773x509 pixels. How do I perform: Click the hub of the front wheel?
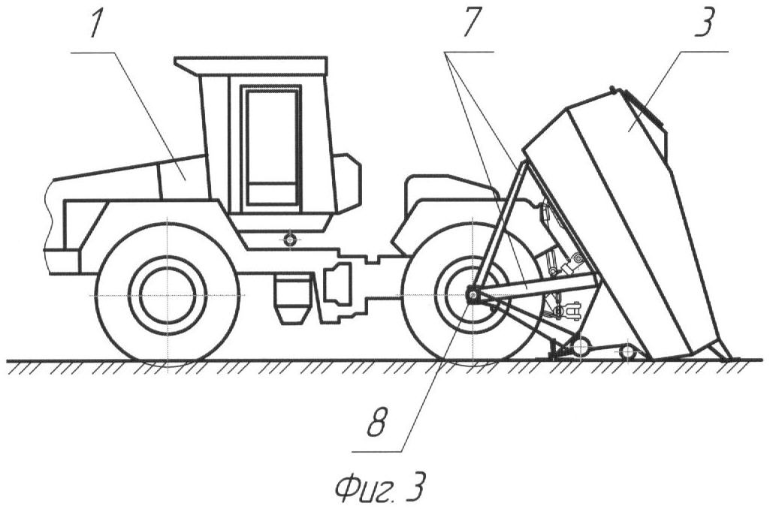(168, 294)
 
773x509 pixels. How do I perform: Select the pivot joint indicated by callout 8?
(472, 295)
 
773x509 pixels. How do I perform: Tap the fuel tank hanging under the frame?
(294, 298)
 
